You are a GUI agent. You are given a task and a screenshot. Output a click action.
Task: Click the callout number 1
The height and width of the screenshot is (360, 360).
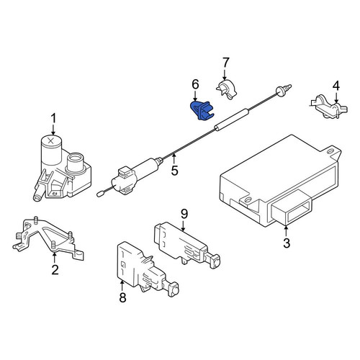(x=53, y=119)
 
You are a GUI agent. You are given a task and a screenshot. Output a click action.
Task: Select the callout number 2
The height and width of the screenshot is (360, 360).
(x=55, y=270)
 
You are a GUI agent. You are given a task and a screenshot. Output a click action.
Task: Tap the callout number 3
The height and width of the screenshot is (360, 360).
(x=287, y=243)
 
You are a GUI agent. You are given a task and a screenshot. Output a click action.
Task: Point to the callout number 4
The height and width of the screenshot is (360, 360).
(x=336, y=86)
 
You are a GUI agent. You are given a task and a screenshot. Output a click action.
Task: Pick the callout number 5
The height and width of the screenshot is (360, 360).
(x=175, y=171)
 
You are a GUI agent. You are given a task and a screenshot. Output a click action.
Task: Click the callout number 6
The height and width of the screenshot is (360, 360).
(x=195, y=84)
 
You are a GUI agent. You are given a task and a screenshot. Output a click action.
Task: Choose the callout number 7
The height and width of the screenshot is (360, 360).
(x=225, y=63)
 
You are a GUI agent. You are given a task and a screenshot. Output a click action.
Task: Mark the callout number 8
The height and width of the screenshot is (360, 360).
(x=122, y=298)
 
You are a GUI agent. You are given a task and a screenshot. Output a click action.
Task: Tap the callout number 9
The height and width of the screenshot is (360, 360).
(x=184, y=214)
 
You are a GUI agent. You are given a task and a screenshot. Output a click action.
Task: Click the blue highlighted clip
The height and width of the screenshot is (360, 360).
(x=201, y=110)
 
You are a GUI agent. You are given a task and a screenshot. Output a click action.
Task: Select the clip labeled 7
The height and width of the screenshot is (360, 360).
(x=227, y=89)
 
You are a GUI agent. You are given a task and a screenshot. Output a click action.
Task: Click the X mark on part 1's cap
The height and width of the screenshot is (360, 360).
(x=51, y=140)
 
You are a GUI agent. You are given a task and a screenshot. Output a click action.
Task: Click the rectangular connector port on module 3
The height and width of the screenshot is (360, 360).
(x=292, y=207)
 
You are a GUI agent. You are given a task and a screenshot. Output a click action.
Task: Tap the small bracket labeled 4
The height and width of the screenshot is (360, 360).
(x=328, y=107)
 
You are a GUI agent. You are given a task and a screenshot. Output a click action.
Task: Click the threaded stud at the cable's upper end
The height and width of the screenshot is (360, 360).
(x=284, y=89)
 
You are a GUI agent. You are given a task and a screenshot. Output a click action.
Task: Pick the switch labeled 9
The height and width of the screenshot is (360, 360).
(x=186, y=246)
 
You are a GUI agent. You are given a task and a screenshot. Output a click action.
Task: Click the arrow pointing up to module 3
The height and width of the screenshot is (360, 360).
(x=286, y=230)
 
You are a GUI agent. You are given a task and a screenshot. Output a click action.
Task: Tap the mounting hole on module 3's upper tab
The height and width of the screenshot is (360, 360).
(x=330, y=151)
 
